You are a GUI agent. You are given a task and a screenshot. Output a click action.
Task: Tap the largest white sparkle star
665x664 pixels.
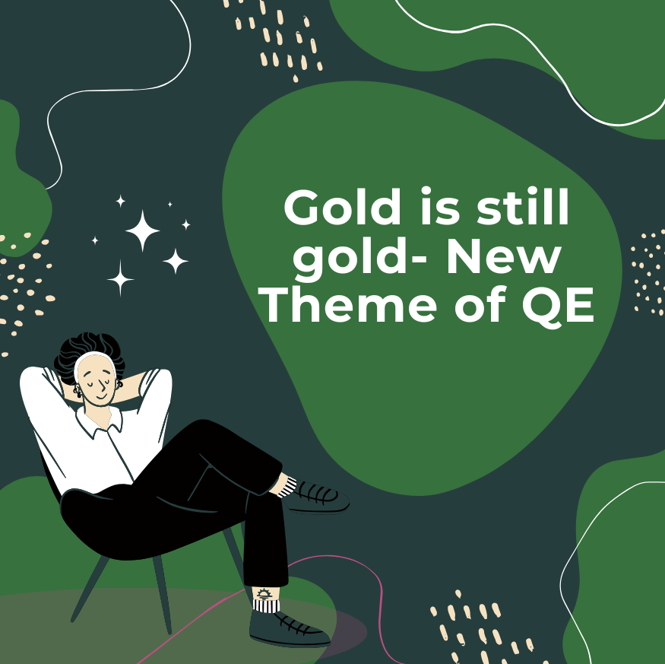[143, 230]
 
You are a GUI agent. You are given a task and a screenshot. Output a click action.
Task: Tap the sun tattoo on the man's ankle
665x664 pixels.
[264, 593]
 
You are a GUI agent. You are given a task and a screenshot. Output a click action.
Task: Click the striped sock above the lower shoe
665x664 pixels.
[266, 605]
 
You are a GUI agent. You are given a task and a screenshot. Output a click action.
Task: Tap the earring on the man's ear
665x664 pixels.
[78, 391]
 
